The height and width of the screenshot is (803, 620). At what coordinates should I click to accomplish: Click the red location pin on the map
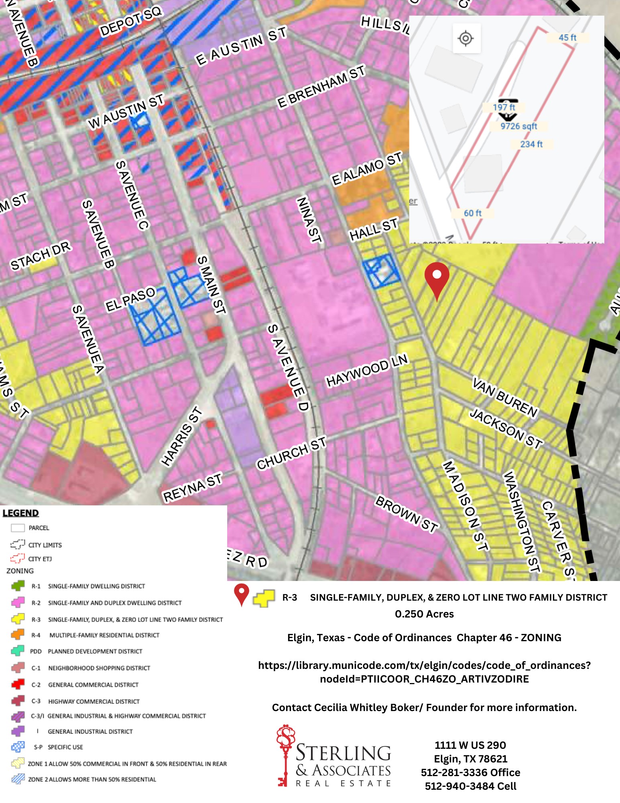tap(437, 277)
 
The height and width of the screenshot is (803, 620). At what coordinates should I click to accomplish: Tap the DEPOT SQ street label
tap(130, 21)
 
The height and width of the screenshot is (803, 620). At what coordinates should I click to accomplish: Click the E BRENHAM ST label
tap(321, 86)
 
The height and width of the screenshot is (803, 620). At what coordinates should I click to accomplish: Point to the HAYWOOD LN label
tap(366, 370)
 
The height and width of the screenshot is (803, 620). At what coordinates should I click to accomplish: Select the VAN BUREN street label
tap(505, 397)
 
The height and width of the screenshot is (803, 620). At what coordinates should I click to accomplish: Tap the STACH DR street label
tap(41, 255)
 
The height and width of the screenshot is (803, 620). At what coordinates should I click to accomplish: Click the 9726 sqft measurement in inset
tap(518, 126)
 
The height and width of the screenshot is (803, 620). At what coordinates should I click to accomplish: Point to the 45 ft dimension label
tap(567, 38)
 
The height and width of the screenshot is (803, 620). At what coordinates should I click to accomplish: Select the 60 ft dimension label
tap(472, 213)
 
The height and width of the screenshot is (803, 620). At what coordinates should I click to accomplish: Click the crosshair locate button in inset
tap(466, 39)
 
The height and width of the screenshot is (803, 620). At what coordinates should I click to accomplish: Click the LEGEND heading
tap(21, 513)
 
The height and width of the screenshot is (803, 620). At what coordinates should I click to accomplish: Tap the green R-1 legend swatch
tap(18, 586)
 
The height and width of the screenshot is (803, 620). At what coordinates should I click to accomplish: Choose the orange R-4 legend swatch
tap(18, 635)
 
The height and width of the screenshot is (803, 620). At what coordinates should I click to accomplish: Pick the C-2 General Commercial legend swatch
tap(18, 684)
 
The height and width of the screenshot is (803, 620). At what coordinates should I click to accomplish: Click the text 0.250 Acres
tap(424, 614)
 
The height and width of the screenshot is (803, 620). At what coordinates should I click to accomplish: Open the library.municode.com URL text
tap(424, 672)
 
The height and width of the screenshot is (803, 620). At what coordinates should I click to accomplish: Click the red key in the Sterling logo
tap(285, 755)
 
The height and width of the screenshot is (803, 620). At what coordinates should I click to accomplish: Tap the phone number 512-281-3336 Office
tap(470, 772)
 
